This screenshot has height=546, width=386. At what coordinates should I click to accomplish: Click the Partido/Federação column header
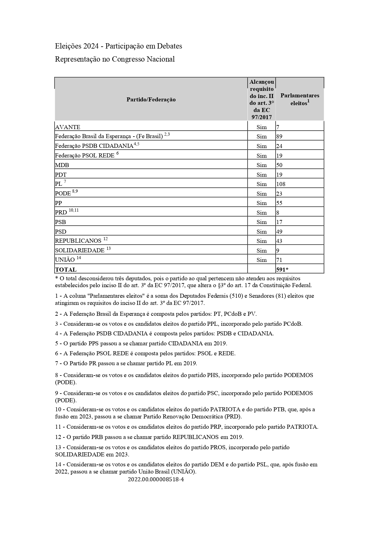(151, 100)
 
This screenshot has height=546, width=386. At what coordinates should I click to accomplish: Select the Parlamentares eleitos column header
(300, 99)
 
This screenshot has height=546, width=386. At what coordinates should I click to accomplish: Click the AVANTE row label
(67, 127)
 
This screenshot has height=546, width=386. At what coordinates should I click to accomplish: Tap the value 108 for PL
(281, 184)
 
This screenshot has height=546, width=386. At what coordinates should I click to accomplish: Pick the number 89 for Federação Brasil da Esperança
(279, 137)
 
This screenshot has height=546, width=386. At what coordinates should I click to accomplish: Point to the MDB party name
(62, 165)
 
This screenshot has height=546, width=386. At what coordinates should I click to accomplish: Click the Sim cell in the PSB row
(262, 222)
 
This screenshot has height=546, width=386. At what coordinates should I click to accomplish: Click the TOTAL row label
(66, 269)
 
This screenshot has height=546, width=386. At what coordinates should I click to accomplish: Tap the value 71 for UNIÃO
(279, 260)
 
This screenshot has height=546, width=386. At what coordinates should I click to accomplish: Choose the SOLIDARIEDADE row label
(80, 250)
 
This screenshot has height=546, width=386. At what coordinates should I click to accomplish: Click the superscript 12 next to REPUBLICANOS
(105, 239)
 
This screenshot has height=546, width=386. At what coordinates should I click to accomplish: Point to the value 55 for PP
(279, 203)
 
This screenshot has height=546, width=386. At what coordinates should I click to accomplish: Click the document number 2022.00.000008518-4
(156, 479)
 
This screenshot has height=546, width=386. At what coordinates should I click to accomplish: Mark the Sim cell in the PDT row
(262, 175)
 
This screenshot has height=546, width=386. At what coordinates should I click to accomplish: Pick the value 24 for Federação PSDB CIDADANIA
(279, 146)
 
